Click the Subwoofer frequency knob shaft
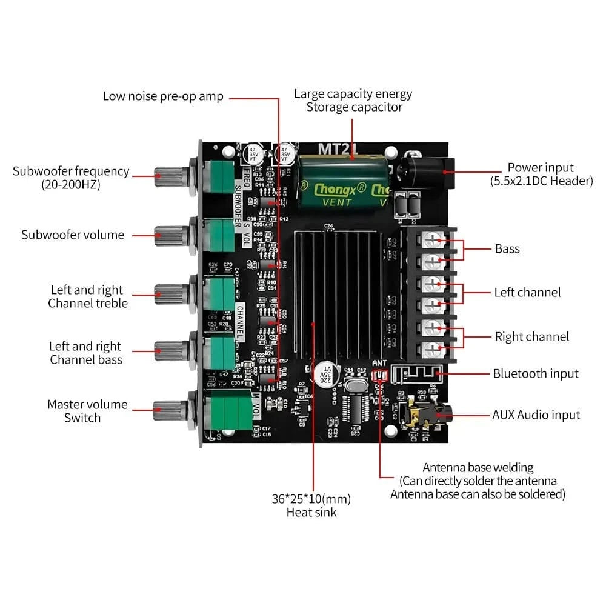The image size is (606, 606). tap(169, 176)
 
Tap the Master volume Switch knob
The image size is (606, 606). tap(169, 410)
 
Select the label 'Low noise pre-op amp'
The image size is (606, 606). tap(163, 96)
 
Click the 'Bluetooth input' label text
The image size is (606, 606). tap(535, 374)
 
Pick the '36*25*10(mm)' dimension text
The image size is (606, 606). tap(311, 499)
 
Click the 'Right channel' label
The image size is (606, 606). tap(531, 336)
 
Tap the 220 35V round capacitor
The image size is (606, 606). tap(325, 376)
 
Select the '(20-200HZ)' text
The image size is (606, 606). tap(71, 184)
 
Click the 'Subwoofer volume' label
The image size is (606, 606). tap(73, 235)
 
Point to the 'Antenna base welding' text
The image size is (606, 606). tap(478, 468)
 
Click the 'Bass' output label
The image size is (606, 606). tap(507, 248)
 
